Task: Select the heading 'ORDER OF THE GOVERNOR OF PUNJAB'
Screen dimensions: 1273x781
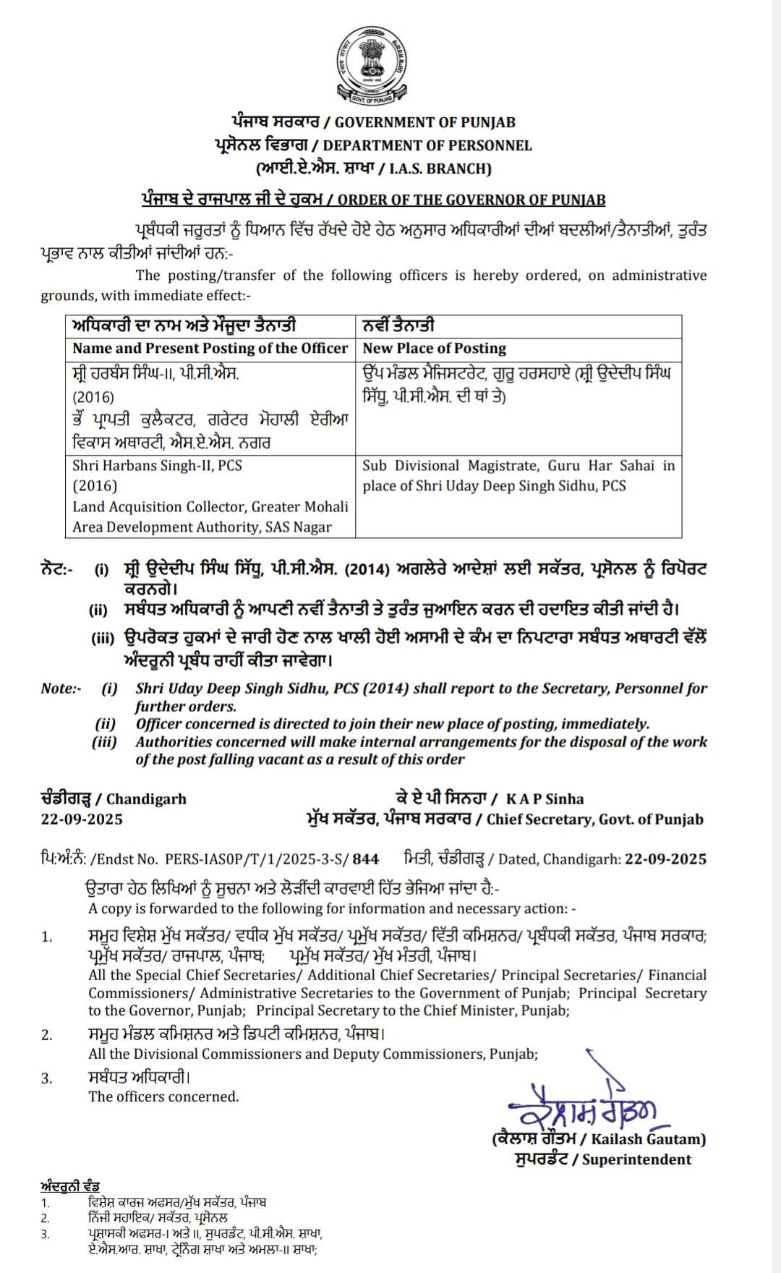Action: pos(471,200)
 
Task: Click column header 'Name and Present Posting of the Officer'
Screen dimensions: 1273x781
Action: pos(210,348)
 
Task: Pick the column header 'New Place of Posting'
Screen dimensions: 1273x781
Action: pos(434,348)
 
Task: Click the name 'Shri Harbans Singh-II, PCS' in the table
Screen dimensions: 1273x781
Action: pos(157,465)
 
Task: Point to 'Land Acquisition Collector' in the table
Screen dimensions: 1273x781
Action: pos(159,506)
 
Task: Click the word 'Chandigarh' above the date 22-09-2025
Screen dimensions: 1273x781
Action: pos(147,799)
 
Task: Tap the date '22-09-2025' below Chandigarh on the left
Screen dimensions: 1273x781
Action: pos(82,819)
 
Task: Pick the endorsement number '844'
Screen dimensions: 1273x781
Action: pos(366,859)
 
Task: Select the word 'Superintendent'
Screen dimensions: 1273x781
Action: pos(636,1159)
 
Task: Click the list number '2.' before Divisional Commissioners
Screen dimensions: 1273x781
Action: pos(47,1035)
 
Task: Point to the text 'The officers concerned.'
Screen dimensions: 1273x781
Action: pos(163,1097)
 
